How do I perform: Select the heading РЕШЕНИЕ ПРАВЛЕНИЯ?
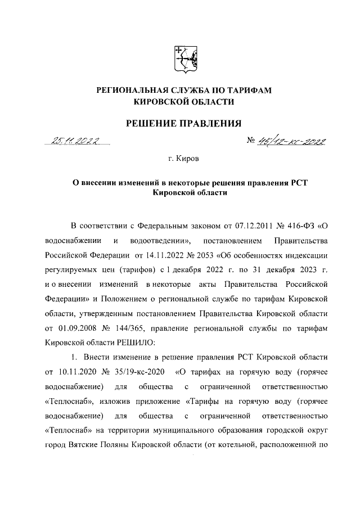(181, 123)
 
